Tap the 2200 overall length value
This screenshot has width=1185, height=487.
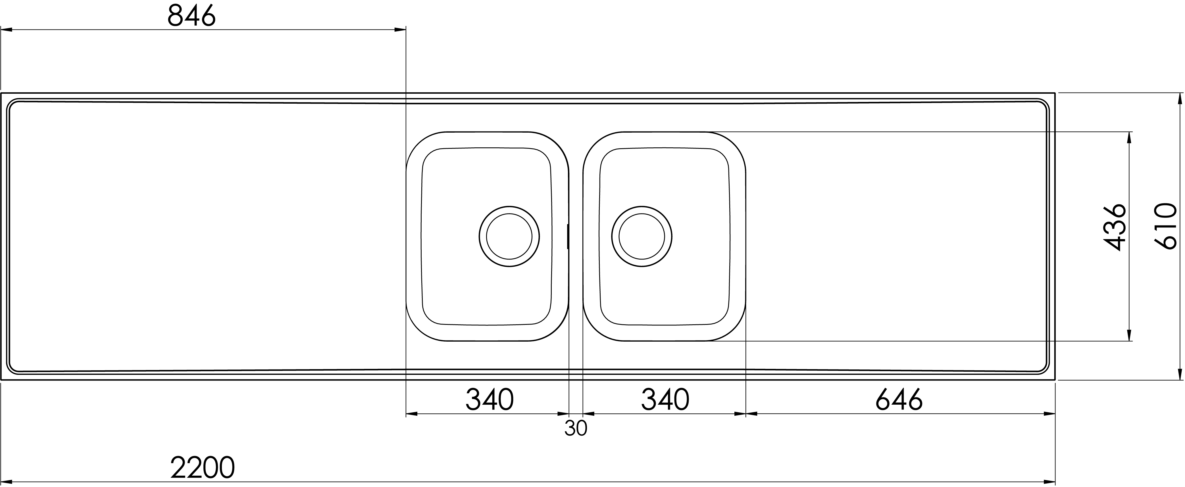click(x=202, y=468)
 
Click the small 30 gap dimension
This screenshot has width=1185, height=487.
click(x=576, y=429)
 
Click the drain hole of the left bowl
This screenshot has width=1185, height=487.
click(x=509, y=236)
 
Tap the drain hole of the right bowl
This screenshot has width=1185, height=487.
click(x=642, y=236)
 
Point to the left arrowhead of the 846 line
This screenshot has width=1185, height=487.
click(x=7, y=30)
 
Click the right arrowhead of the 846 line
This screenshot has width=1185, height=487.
click(x=400, y=30)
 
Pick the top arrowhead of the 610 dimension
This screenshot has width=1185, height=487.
click(x=1180, y=99)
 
